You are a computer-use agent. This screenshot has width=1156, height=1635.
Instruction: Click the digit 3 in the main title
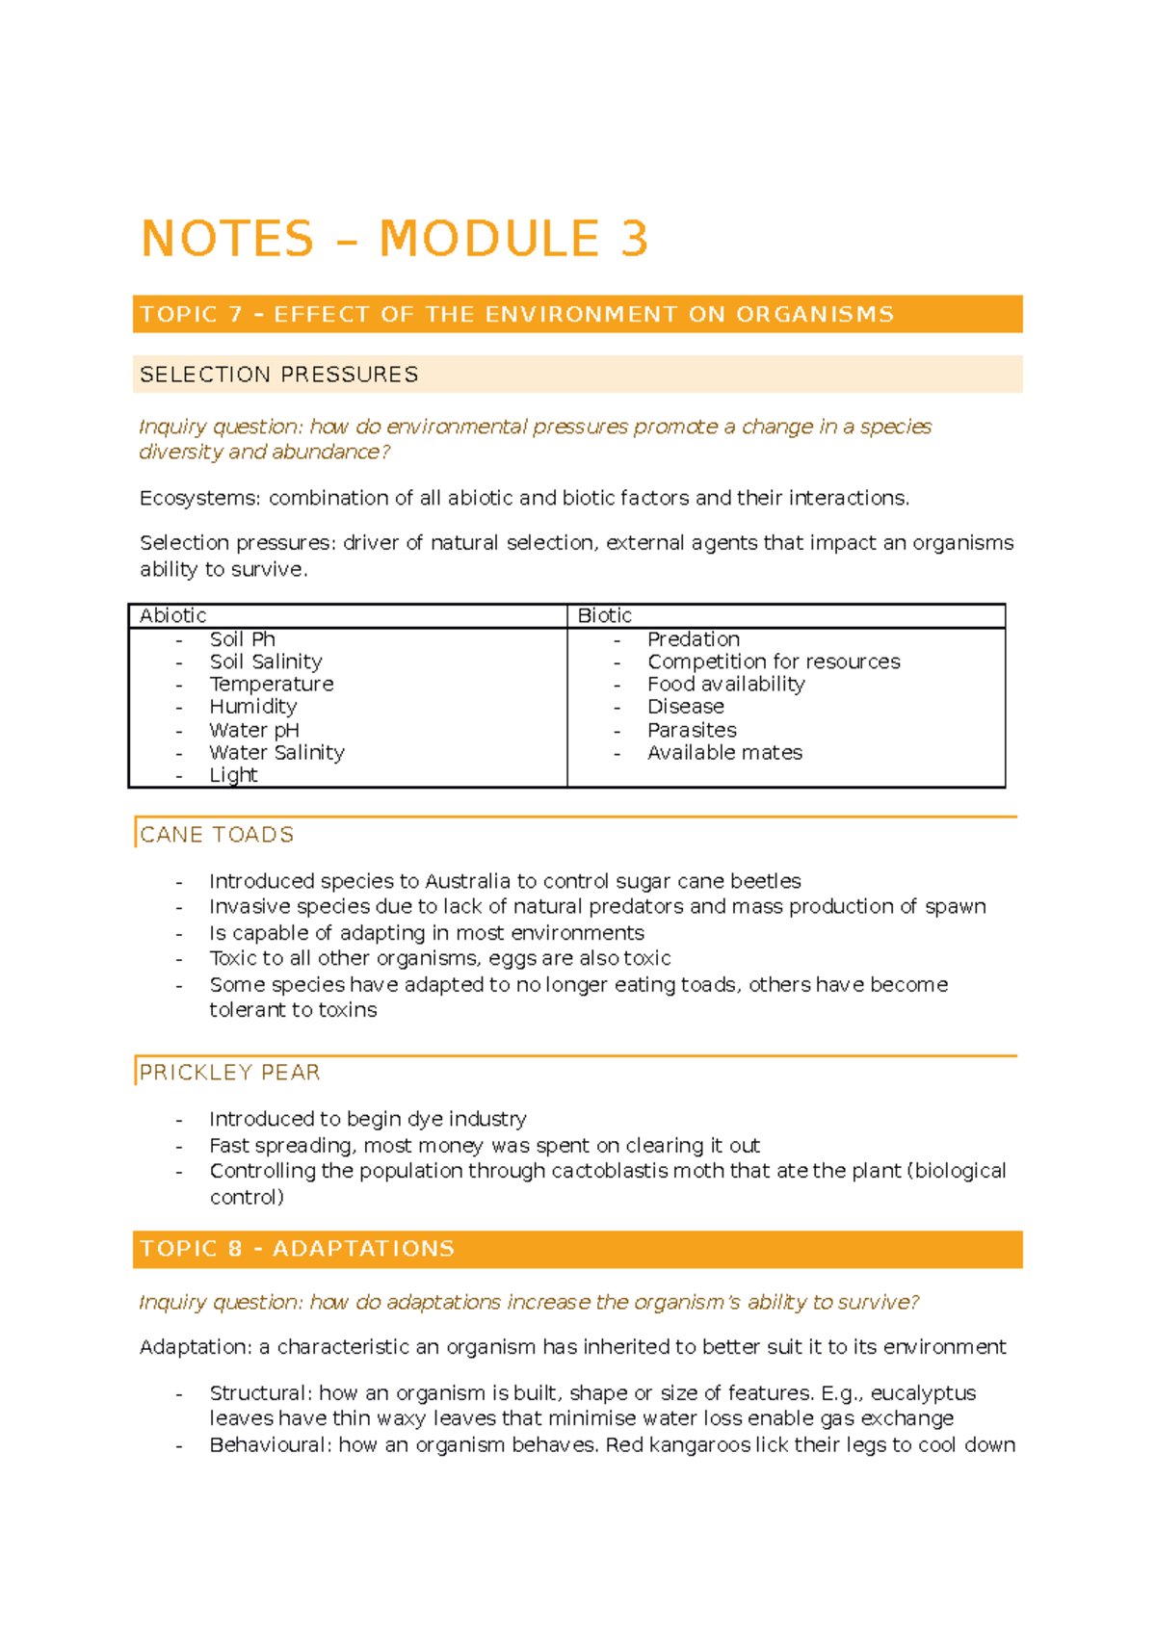(635, 239)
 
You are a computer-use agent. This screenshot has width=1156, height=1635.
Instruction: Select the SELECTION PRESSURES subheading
(279, 375)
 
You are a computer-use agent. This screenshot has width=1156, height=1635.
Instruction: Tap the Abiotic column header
(173, 616)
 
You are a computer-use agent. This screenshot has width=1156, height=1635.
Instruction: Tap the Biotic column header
(605, 616)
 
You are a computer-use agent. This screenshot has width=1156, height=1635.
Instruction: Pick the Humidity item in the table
(253, 707)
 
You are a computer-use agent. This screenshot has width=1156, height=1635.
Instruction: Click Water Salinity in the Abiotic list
(276, 753)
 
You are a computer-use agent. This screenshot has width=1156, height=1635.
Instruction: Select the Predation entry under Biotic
(694, 639)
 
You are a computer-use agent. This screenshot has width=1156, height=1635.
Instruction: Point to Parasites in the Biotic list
(692, 730)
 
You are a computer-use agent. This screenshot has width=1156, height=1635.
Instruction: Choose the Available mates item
(724, 753)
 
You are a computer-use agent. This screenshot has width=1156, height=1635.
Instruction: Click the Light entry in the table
(233, 775)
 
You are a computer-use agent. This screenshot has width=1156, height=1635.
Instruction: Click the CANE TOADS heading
(217, 835)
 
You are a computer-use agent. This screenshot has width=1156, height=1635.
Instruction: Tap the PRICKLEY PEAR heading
(230, 1073)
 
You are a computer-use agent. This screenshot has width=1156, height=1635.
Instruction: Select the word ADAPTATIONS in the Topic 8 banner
(363, 1249)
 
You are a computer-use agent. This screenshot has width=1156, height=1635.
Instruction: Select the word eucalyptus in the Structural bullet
(923, 1393)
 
